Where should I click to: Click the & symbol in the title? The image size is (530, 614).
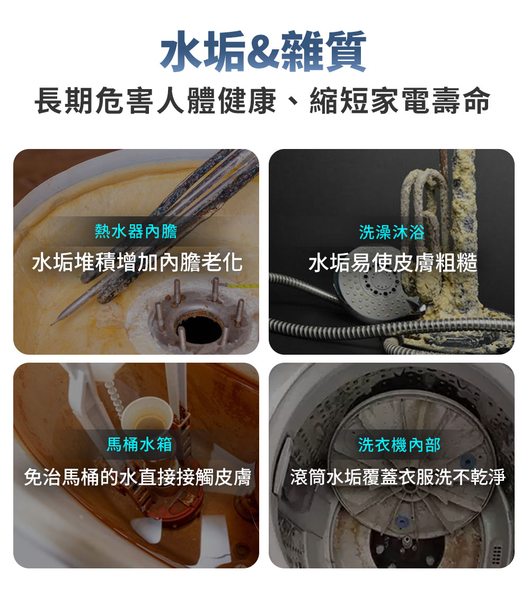263,52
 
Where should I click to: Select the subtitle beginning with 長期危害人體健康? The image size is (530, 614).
263,102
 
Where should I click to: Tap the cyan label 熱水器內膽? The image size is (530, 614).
136,231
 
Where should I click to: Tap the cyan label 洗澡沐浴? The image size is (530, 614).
392,232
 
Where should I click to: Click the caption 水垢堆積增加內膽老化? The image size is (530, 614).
137,262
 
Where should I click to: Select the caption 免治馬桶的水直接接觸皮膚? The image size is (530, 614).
137,477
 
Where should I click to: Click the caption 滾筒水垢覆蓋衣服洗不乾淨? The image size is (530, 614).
397,477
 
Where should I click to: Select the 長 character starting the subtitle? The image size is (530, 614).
50,102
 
